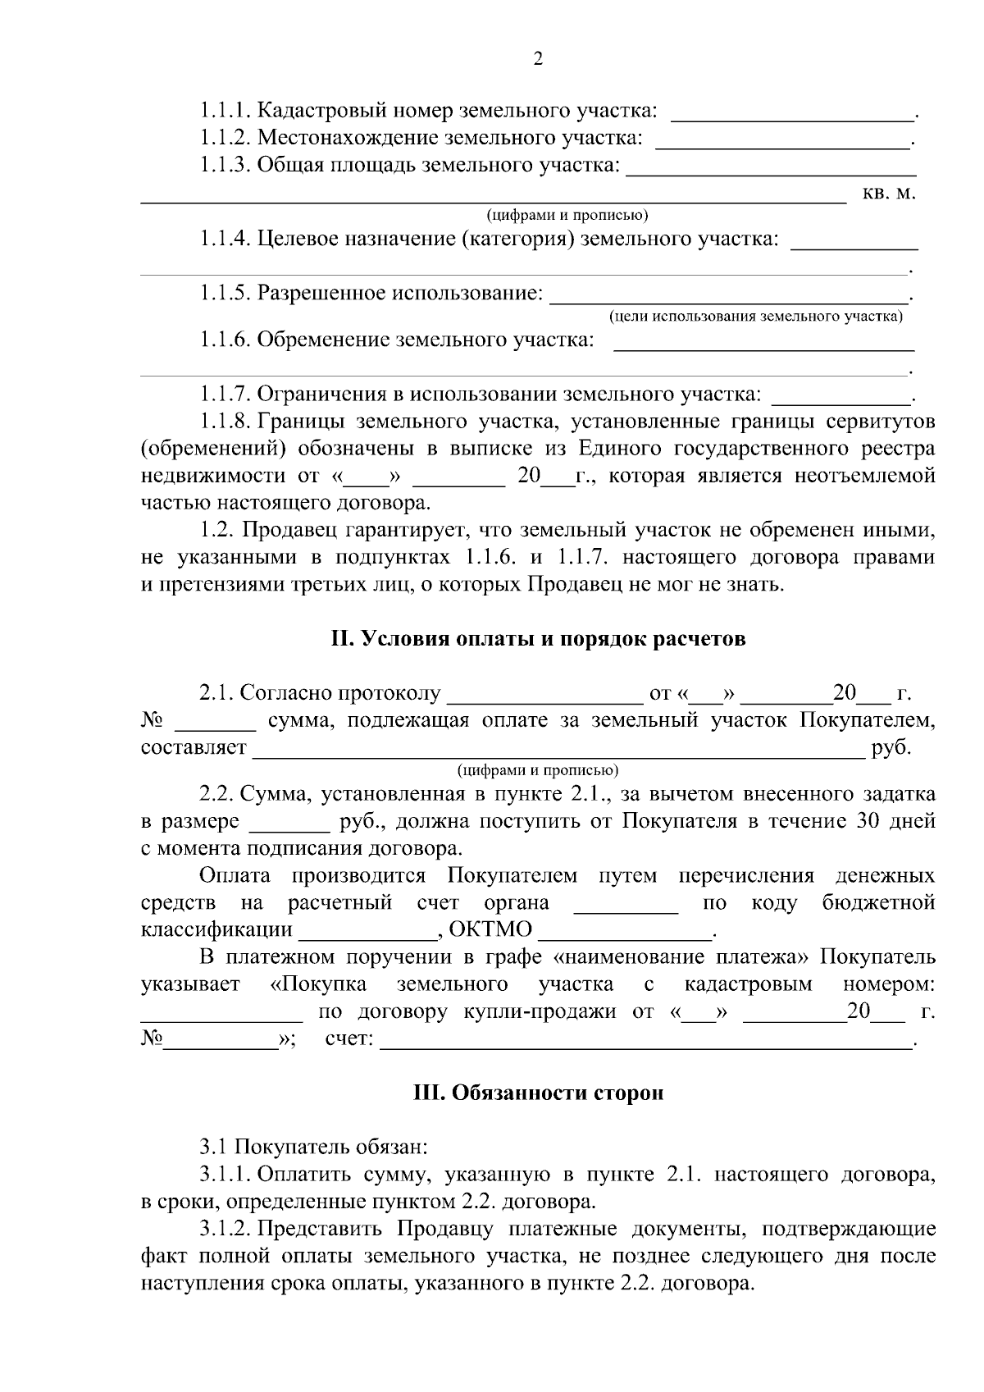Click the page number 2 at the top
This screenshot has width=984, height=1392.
pos(538,59)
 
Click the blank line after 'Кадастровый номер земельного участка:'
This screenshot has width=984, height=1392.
pos(791,115)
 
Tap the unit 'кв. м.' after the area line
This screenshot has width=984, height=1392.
pos(889,194)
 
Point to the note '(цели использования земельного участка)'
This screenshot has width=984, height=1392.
pos(755,316)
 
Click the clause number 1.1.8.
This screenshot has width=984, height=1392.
pos(225,422)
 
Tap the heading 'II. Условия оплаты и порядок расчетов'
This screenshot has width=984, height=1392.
pos(538,639)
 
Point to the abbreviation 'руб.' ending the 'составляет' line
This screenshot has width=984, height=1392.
pos(891,748)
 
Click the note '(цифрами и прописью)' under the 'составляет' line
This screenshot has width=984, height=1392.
pos(538,770)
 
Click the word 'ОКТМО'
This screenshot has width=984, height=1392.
pos(491,930)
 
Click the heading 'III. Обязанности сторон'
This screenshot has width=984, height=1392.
pos(538,1093)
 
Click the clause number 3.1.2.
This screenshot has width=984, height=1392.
pos(225,1229)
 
